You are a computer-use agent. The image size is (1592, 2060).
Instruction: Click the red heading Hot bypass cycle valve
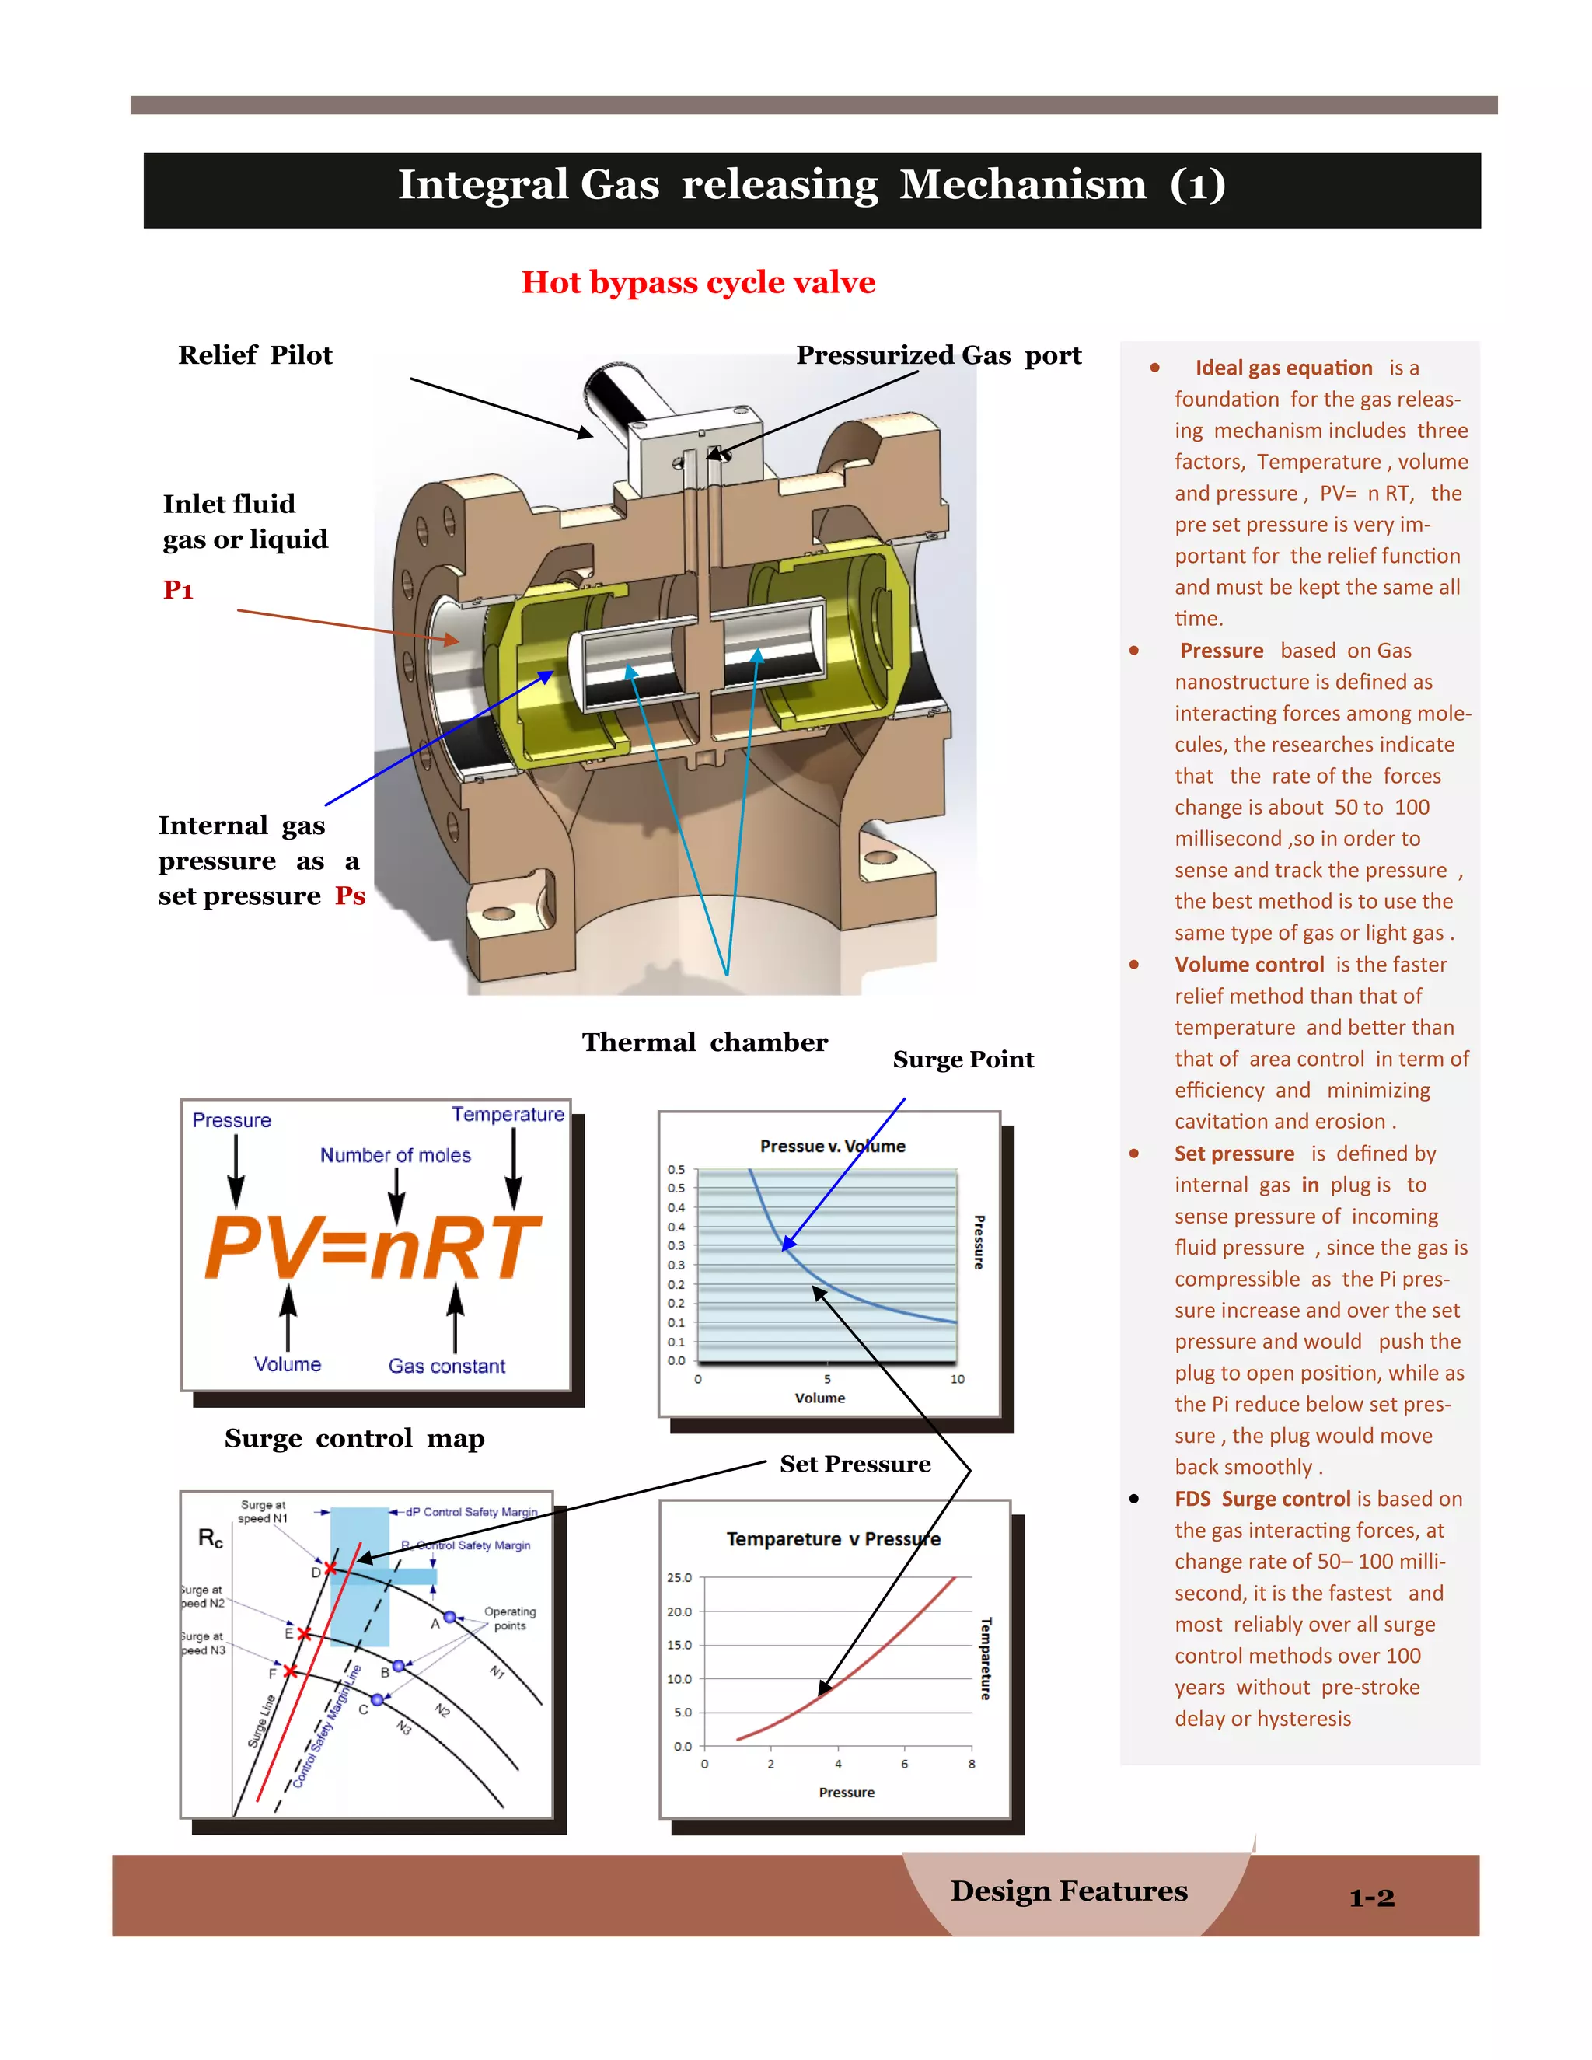tap(698, 282)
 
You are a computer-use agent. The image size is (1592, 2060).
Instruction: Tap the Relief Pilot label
tap(255, 355)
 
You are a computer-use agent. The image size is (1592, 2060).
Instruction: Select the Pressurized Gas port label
tap(937, 355)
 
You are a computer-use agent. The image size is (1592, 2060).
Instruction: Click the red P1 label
tap(178, 591)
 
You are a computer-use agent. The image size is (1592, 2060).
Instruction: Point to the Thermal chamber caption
tap(703, 1042)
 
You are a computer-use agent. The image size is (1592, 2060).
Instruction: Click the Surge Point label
tap(963, 1060)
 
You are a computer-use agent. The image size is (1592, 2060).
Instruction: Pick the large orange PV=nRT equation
tap(373, 1247)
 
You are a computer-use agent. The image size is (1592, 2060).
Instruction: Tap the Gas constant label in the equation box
tap(446, 1366)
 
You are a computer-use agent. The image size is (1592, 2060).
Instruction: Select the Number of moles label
tap(395, 1155)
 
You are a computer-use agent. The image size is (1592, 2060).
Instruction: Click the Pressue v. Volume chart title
tap(832, 1146)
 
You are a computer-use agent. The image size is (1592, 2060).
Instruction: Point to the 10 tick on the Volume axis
tap(957, 1379)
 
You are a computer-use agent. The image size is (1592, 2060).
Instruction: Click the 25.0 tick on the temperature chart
tap(679, 1577)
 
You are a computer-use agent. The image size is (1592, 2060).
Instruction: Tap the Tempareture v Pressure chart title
tap(833, 1539)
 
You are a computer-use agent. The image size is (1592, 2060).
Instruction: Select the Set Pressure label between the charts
tap(854, 1464)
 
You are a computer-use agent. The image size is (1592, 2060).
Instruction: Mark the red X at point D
tap(330, 1569)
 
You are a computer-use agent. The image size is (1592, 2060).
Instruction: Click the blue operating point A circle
tap(450, 1617)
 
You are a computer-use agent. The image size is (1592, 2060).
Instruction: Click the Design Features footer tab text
tap(1069, 1891)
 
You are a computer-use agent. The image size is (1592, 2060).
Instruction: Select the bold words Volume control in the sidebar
tap(1248, 965)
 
